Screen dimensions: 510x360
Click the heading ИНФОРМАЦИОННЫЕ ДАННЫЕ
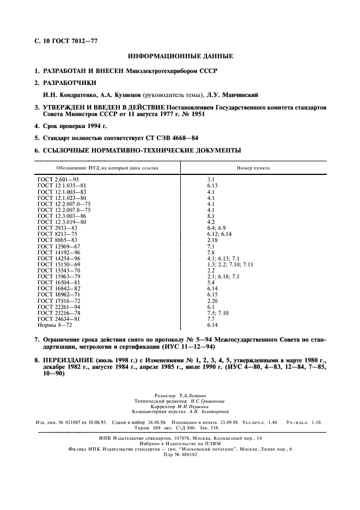[180, 56]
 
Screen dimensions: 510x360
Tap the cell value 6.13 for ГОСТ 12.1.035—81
[212, 185]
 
